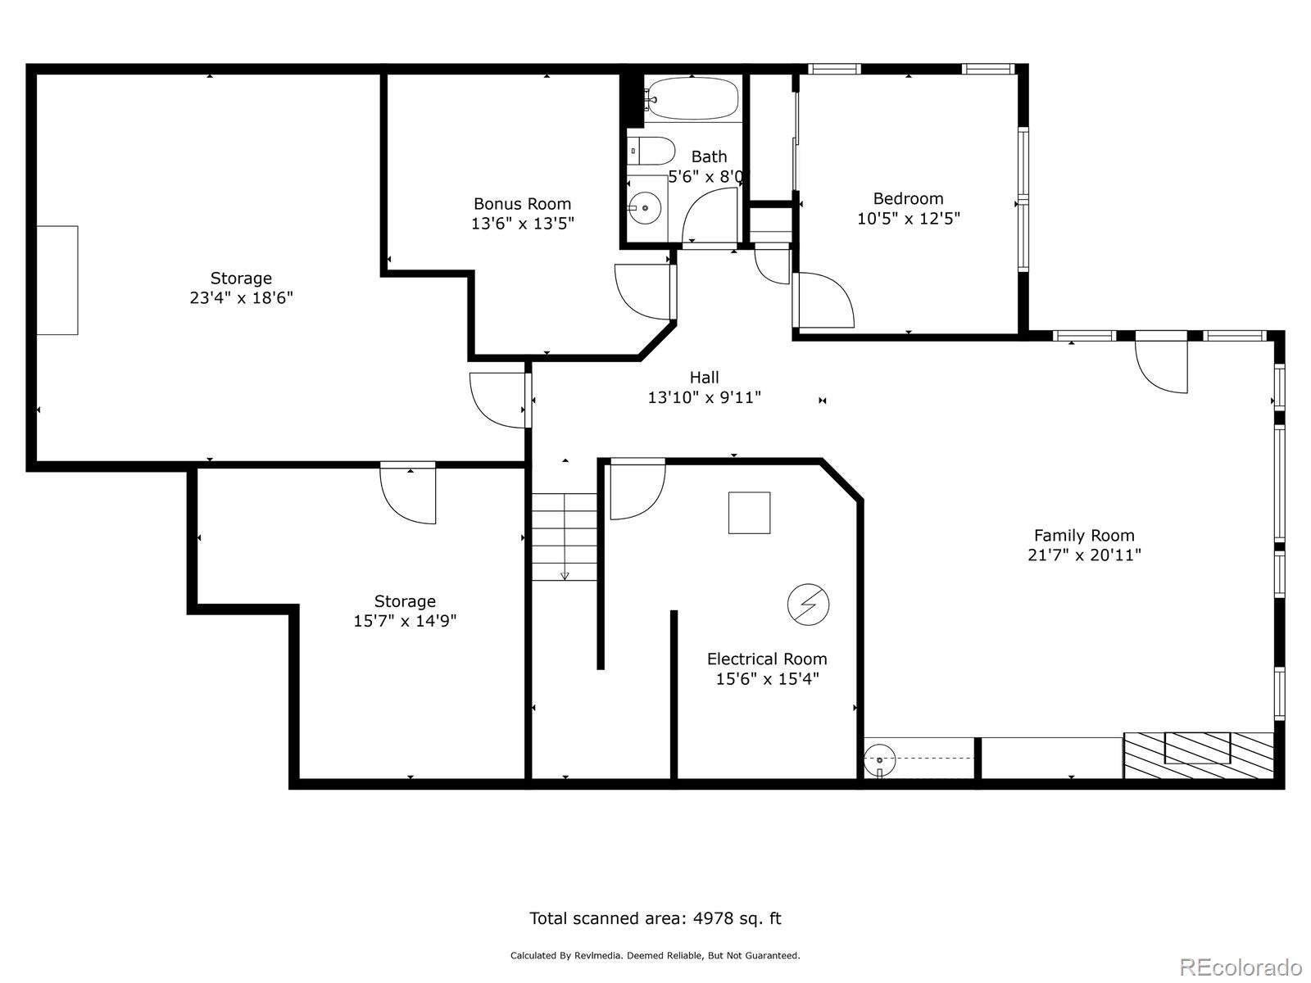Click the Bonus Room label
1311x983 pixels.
tap(522, 204)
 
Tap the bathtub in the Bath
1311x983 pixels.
tap(693, 98)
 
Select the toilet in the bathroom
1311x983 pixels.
tap(651, 151)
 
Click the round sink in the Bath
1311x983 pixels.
tap(645, 208)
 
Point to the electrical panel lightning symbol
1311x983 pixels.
tap(808, 605)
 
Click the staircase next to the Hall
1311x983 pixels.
tap(565, 537)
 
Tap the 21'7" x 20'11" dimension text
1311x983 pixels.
tap(1084, 555)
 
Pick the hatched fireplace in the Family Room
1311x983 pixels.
tap(1198, 755)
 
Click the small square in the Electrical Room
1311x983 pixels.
tap(749, 513)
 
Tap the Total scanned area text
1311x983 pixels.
tap(655, 918)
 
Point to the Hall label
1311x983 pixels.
tap(704, 378)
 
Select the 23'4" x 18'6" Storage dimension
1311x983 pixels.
tap(241, 298)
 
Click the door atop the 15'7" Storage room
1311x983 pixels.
tap(409, 493)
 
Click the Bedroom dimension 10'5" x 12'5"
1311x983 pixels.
tap(909, 219)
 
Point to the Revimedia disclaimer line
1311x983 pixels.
tap(655, 955)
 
